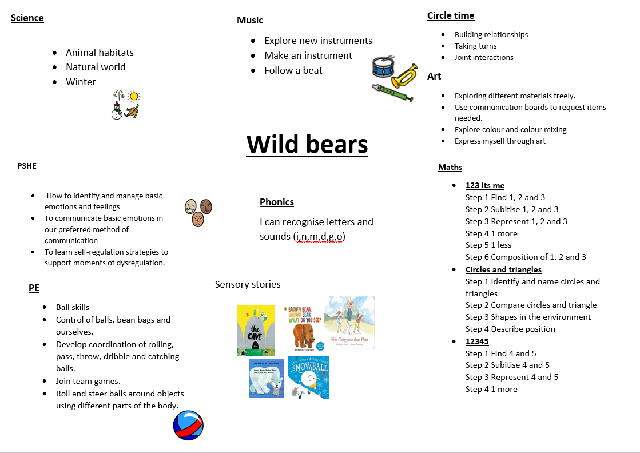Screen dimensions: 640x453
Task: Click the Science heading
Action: point(27,18)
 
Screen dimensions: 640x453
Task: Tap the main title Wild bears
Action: point(307,145)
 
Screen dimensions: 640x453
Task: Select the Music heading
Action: point(250,20)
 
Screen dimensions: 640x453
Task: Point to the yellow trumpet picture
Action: point(404,75)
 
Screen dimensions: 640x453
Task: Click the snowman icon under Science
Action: point(117,110)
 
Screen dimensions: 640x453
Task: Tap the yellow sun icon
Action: point(133,96)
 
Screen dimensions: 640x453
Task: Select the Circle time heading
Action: point(451,15)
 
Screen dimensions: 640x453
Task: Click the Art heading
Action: point(434,76)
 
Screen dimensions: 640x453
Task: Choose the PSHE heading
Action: point(26,166)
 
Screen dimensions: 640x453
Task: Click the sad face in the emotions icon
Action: point(198,219)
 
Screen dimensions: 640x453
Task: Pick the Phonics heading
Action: point(277,202)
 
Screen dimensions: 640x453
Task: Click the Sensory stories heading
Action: point(248,284)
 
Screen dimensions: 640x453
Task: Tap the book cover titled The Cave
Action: point(256,331)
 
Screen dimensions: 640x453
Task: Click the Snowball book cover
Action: point(309,377)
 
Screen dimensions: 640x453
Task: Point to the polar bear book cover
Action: point(266,379)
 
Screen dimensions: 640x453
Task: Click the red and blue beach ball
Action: point(188,426)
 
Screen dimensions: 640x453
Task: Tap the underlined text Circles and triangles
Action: point(503,269)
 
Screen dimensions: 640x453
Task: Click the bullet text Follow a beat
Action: point(293,70)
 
